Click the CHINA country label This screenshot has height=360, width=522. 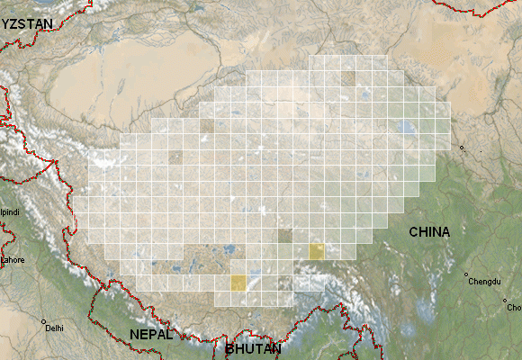coord(429,232)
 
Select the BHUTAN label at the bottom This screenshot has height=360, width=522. coord(253,347)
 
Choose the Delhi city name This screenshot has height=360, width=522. coord(54,328)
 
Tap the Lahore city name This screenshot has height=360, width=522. coord(13,259)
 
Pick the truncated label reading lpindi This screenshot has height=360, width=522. coord(9,212)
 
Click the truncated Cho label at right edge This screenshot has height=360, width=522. coord(514,308)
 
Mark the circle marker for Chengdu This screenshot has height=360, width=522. coord(467,274)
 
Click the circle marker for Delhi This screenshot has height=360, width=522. coord(42,320)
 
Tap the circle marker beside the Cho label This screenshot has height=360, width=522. coord(505,301)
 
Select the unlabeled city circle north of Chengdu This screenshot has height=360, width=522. coord(462,148)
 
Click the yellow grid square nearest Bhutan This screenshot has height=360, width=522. coord(238,283)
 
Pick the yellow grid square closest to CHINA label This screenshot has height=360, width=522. coord(317,251)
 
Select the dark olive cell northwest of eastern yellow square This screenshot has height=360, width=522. coord(285,236)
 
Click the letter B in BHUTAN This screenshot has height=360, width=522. coord(230,347)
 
